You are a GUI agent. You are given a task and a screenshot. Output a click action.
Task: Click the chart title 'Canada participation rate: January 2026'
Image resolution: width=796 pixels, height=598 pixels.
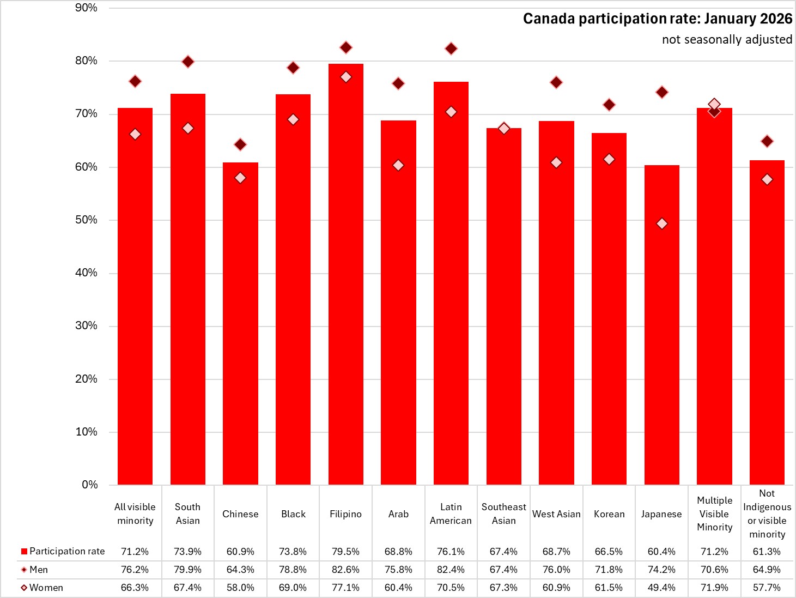tap(657, 19)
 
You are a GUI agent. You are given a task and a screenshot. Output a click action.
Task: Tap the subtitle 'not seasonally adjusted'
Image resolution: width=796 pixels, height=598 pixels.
tap(727, 40)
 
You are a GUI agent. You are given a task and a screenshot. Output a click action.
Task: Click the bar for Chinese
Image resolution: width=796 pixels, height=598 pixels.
tap(240, 327)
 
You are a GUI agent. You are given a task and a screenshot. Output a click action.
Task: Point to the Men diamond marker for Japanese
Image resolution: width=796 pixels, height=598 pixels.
tap(662, 93)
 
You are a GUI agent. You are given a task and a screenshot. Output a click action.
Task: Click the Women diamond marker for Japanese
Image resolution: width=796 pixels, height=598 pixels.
tap(662, 224)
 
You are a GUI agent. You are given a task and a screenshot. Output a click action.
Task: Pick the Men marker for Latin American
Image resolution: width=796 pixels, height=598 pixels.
tap(451, 49)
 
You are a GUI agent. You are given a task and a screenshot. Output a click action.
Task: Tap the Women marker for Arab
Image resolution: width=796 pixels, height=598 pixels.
tap(398, 165)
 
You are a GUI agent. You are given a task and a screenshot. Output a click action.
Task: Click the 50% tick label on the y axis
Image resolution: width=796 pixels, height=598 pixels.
tap(86, 220)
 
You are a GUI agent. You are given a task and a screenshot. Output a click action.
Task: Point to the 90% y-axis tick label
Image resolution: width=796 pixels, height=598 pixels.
tap(86, 8)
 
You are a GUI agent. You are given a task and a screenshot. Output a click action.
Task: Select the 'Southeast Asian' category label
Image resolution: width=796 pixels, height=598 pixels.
tap(503, 514)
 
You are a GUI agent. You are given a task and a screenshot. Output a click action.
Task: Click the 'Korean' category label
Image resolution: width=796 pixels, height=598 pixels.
tap(609, 514)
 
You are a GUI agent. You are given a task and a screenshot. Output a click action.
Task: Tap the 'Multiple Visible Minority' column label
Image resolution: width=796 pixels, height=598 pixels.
tap(714, 514)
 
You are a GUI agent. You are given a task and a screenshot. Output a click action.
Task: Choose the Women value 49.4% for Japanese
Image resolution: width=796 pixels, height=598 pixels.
tap(661, 588)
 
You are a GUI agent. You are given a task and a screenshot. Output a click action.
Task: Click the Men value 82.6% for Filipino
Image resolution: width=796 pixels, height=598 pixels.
tap(345, 570)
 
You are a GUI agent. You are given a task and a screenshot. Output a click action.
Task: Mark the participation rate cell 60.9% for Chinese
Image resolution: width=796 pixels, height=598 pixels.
tap(240, 552)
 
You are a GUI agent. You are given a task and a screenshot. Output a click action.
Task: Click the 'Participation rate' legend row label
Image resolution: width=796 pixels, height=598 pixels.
tap(66, 552)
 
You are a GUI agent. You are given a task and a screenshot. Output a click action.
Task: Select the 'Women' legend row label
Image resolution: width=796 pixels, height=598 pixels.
tap(46, 588)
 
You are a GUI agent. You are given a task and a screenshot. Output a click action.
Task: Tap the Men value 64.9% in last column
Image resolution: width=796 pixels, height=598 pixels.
tap(767, 570)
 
